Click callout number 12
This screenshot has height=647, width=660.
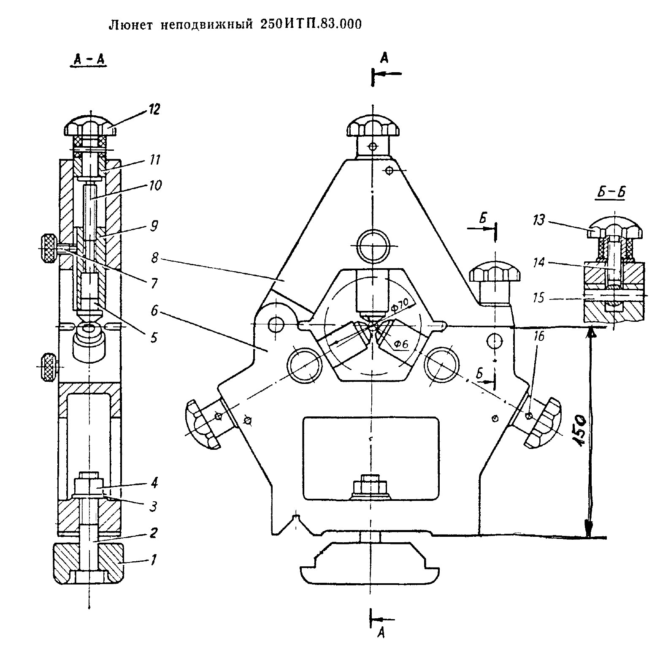[154, 110]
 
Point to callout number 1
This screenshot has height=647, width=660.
[153, 560]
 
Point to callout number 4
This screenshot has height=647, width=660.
[154, 483]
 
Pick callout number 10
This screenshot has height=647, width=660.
[155, 185]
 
